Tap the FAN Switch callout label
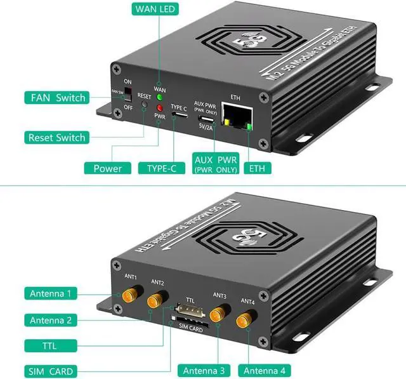pos(58,98)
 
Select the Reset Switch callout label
pos(56,137)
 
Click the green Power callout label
pos(107,168)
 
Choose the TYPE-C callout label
pos(161,168)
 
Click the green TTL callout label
pos(50,345)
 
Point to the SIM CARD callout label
pos(50,371)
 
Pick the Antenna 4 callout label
pos(264,371)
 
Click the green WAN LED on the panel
pos(160,98)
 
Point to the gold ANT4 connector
pos(245,321)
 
